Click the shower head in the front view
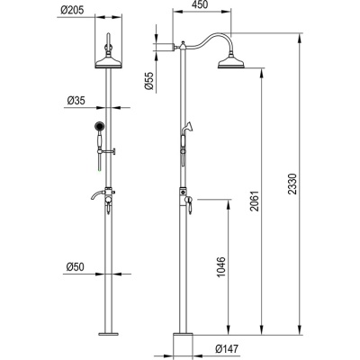coord(108,61)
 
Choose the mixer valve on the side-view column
coord(186,195)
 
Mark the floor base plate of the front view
coord(108,332)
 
